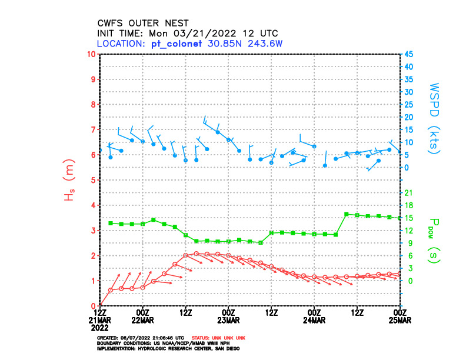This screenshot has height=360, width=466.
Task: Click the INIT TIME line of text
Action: point(188,33)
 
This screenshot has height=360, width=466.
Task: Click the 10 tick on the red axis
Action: point(91,54)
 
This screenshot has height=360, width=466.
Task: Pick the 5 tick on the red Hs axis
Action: point(94,180)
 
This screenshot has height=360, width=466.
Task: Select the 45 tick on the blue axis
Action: point(408,54)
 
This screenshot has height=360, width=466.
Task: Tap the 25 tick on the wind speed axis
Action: point(408,104)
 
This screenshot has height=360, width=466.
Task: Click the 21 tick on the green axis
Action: point(408,192)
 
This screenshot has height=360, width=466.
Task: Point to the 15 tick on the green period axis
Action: point(408,218)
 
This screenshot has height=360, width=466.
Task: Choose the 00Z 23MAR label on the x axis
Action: point(228,315)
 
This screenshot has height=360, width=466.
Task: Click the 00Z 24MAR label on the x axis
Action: point(314,315)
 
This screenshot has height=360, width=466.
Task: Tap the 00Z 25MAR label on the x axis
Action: point(400,315)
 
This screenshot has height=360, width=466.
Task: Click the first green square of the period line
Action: point(111,223)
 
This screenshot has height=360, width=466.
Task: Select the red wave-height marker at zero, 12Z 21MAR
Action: point(101,305)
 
